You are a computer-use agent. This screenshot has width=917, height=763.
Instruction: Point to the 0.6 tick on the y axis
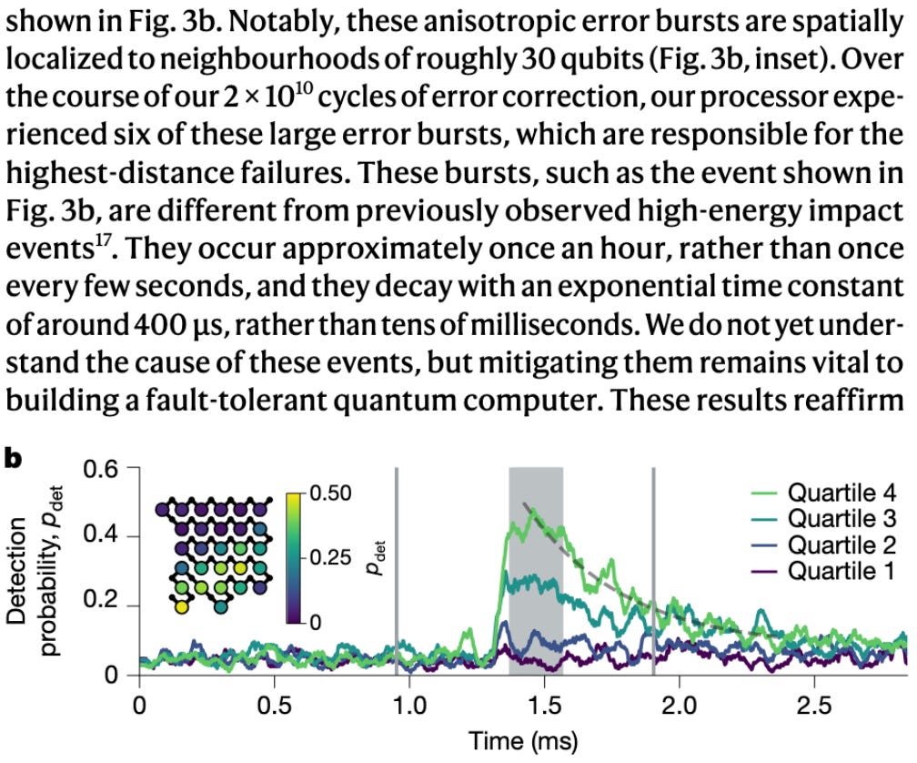click(x=101, y=469)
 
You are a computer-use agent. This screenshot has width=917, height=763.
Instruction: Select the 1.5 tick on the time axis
click(x=544, y=706)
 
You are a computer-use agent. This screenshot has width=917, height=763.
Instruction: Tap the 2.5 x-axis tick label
click(x=814, y=706)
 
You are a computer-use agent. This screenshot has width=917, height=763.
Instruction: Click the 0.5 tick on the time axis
click(x=275, y=706)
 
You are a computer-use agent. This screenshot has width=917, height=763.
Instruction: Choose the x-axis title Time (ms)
click(x=523, y=741)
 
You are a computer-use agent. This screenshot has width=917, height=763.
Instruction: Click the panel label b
click(x=13, y=458)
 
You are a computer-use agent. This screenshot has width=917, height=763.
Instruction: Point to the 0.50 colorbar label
click(x=330, y=493)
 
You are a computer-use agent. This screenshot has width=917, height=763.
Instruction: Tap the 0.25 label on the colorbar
click(x=330, y=557)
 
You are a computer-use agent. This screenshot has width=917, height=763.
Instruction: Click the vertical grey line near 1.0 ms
click(x=397, y=571)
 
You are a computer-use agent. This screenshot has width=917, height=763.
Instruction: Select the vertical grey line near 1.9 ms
click(x=653, y=571)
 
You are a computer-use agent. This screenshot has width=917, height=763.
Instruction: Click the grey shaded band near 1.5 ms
click(x=536, y=571)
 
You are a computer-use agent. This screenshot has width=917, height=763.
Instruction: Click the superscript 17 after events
click(x=102, y=241)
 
